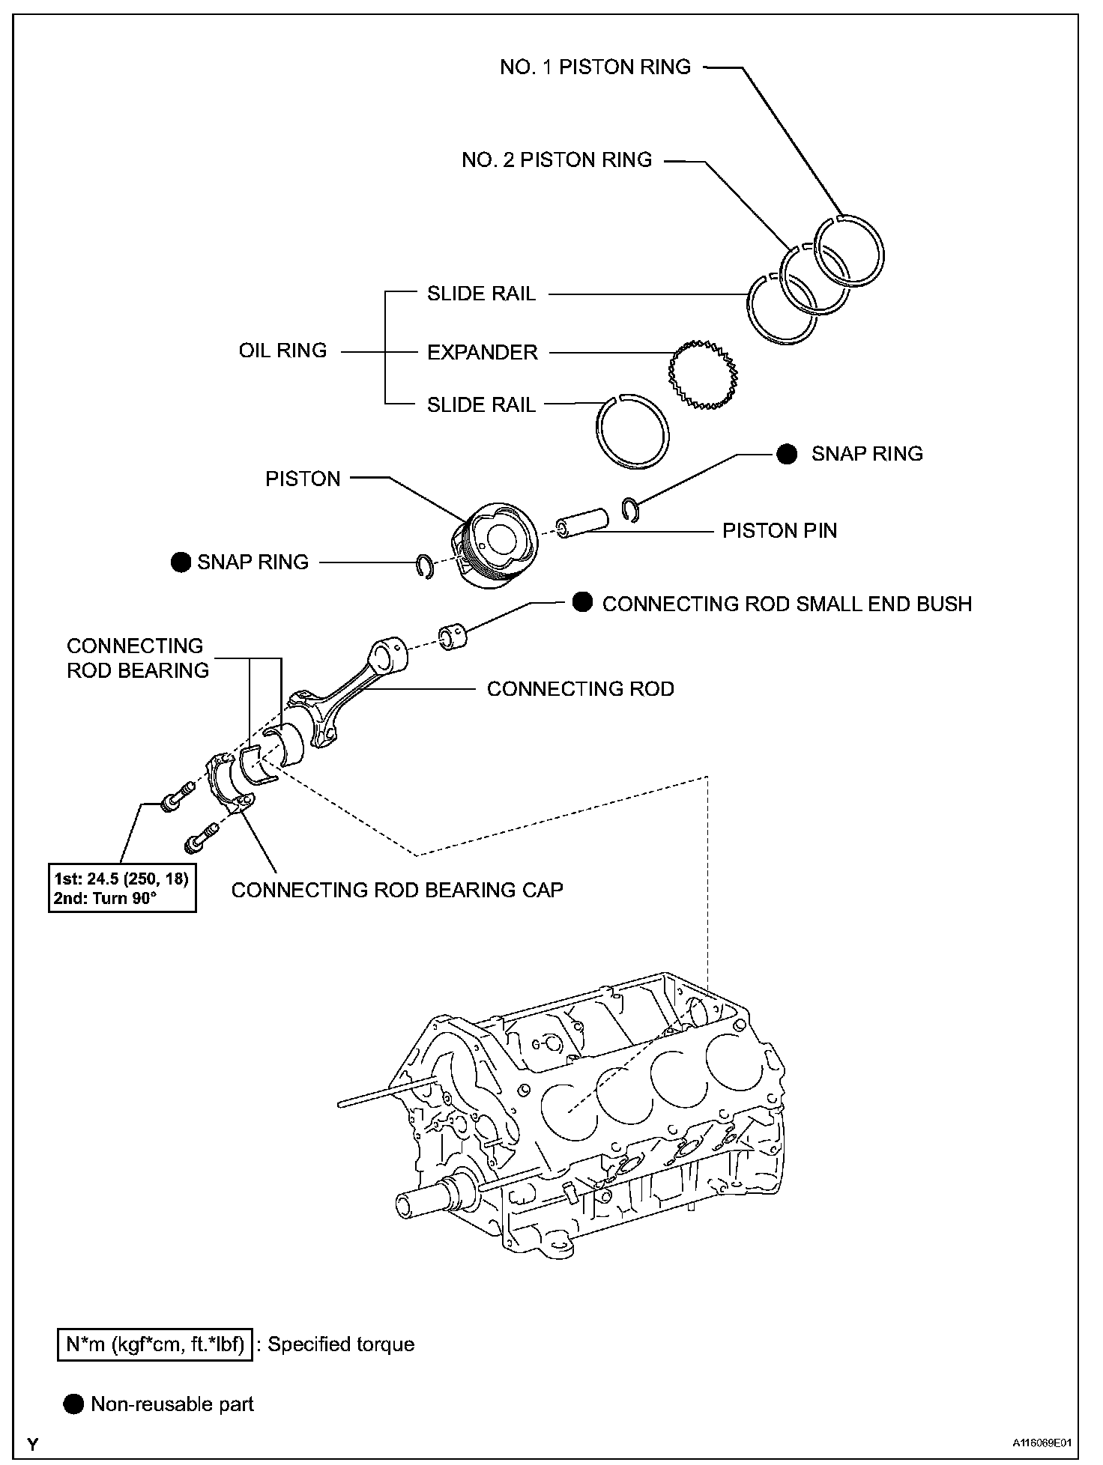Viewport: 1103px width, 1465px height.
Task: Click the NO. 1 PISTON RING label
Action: pyautogui.click(x=595, y=67)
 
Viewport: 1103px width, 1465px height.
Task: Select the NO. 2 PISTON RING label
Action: pyautogui.click(x=557, y=160)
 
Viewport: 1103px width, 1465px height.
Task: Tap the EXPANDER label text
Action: pyautogui.click(x=482, y=352)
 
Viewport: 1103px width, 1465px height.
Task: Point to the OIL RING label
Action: pyautogui.click(x=282, y=351)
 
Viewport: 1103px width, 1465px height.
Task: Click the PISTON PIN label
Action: pyautogui.click(x=779, y=531)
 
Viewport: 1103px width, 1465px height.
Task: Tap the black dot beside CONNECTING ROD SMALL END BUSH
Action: pyautogui.click(x=582, y=602)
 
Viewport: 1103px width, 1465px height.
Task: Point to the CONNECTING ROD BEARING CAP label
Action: pyautogui.click(x=397, y=890)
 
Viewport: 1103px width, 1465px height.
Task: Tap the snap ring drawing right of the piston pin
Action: pyautogui.click(x=631, y=509)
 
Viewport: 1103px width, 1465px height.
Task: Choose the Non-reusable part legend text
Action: pyautogui.click(x=172, y=1404)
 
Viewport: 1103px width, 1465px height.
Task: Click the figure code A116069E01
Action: pyautogui.click(x=1043, y=1442)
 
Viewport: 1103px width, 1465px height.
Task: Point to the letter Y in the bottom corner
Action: pyautogui.click(x=33, y=1442)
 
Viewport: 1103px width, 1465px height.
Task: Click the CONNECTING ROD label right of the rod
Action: pyautogui.click(x=580, y=689)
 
